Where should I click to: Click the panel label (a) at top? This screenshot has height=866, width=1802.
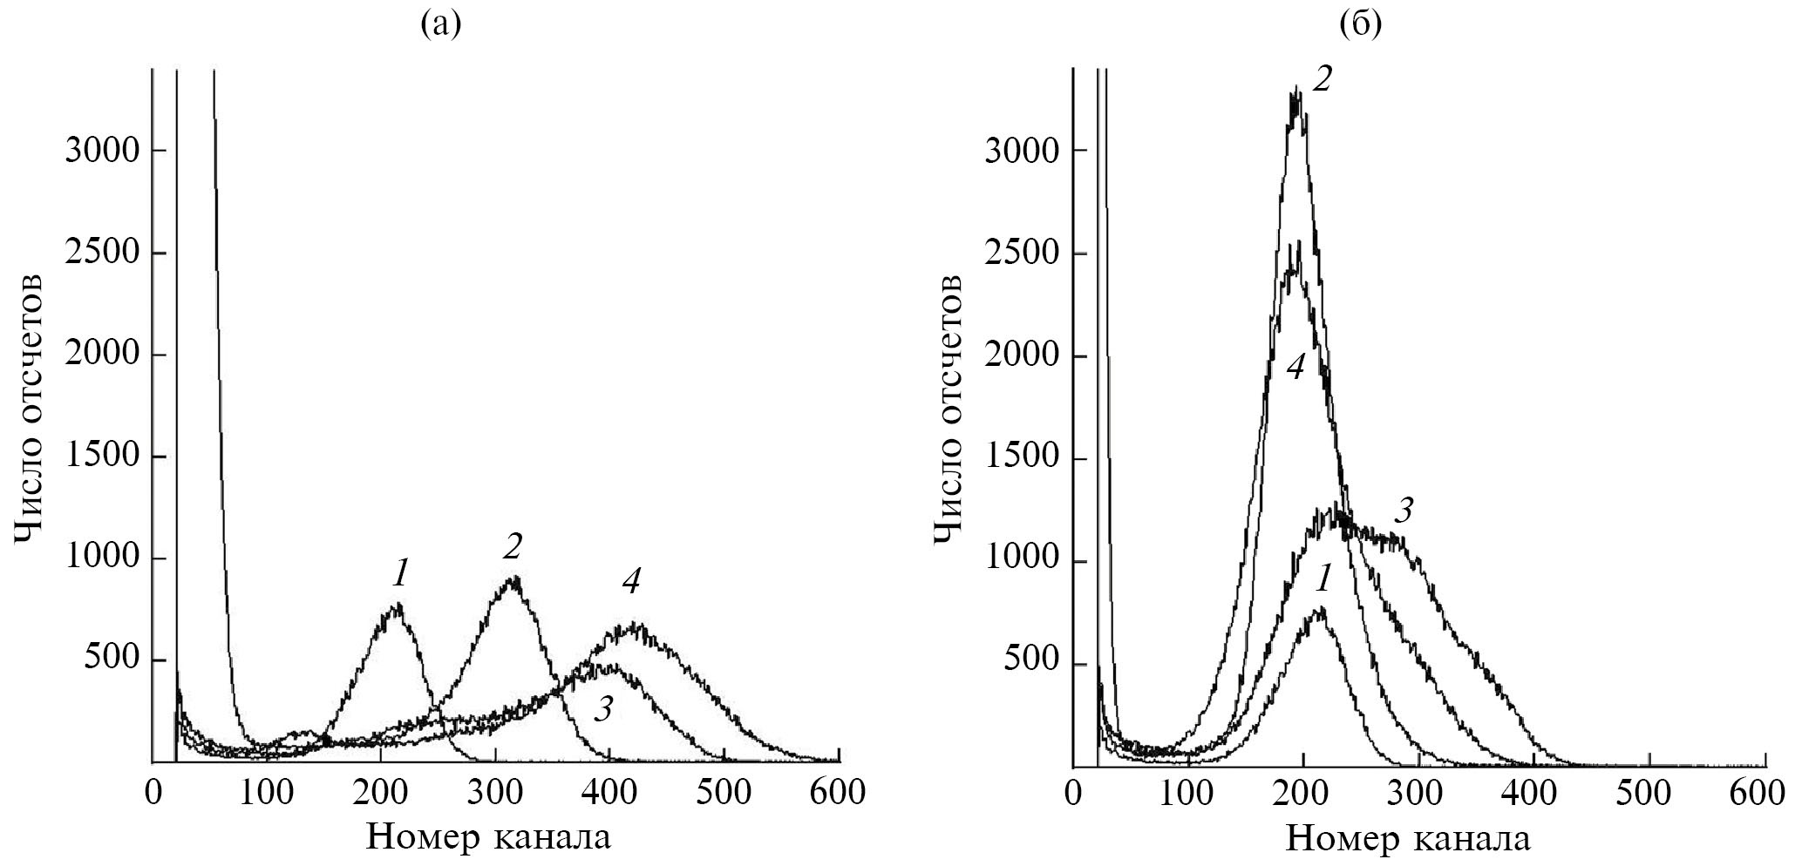coord(439,25)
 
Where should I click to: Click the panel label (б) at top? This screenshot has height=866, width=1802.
coord(1360,25)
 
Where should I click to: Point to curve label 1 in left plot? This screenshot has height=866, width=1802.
coord(399,572)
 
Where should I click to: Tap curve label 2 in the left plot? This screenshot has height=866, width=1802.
coord(513,546)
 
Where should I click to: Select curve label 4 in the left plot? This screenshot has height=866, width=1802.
coord(630,582)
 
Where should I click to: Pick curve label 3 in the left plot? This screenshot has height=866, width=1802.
coord(602,710)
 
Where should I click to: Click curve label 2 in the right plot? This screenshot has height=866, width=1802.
coord(1323,80)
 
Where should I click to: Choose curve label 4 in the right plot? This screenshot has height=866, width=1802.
coord(1295,368)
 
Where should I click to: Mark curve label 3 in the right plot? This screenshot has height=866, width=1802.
coord(1403,511)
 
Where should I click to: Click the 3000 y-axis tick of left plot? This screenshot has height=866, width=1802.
coord(102,151)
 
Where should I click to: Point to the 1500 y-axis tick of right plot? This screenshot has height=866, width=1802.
coord(1022,459)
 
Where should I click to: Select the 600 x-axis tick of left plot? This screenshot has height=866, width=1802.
coord(839,793)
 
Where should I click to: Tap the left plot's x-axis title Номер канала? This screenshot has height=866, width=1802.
coord(488,836)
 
